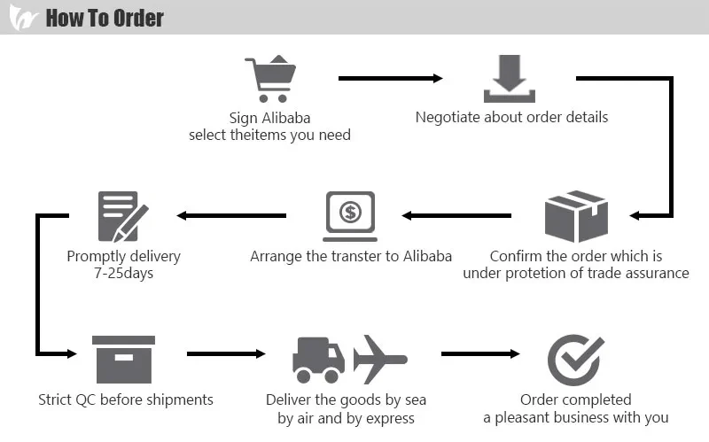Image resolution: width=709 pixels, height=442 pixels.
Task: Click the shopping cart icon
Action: (x=271, y=80)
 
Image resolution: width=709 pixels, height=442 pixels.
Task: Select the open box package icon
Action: (x=574, y=216)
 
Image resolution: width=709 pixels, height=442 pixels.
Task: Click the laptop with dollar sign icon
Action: (x=350, y=216)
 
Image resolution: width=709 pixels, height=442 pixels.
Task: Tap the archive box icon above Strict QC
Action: (x=123, y=358)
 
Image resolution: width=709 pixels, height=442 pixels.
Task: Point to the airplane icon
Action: (x=378, y=358)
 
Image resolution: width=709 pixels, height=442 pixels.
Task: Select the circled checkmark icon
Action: (x=575, y=359)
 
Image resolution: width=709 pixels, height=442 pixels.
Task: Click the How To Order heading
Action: (x=105, y=18)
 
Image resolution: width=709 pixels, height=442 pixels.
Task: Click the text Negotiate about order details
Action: (x=511, y=117)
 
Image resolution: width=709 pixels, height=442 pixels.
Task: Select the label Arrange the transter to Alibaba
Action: (x=351, y=256)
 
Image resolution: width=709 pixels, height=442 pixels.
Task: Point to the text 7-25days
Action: (x=123, y=273)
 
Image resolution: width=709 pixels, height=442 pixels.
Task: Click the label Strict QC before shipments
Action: (x=126, y=399)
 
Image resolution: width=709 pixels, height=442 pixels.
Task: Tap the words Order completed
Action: (x=575, y=399)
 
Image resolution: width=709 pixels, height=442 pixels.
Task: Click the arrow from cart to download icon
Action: (x=390, y=79)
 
